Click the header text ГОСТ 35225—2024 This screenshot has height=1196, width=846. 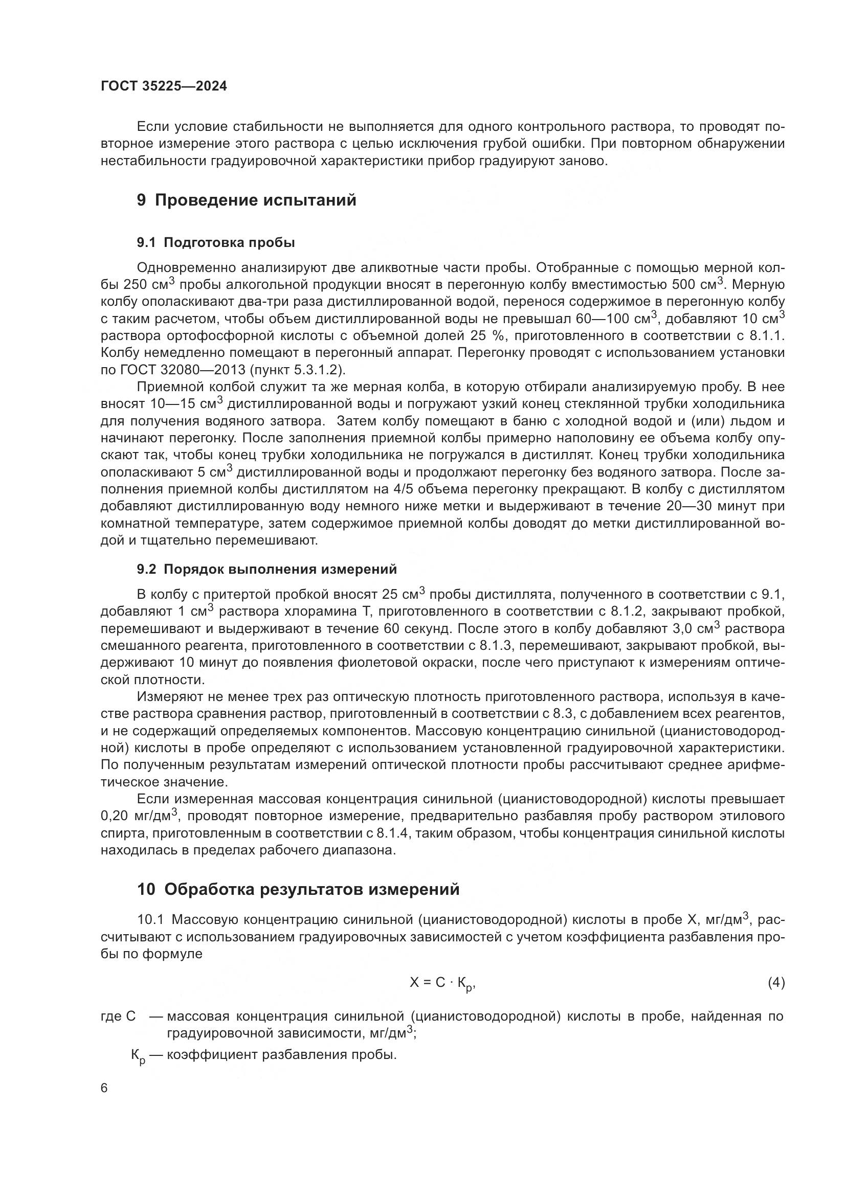coord(164,86)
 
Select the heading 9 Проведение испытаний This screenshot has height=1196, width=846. coord(247,200)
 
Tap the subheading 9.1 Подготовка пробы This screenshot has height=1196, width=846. coord(216,242)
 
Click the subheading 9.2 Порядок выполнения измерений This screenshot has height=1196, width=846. coord(266,569)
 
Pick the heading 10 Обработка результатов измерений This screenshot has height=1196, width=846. coord(299,889)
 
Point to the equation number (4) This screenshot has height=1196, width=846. coord(776,983)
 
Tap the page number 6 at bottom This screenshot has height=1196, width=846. coord(104,1089)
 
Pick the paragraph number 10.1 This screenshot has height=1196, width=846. coord(150,920)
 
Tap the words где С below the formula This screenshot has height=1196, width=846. coord(118,1017)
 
